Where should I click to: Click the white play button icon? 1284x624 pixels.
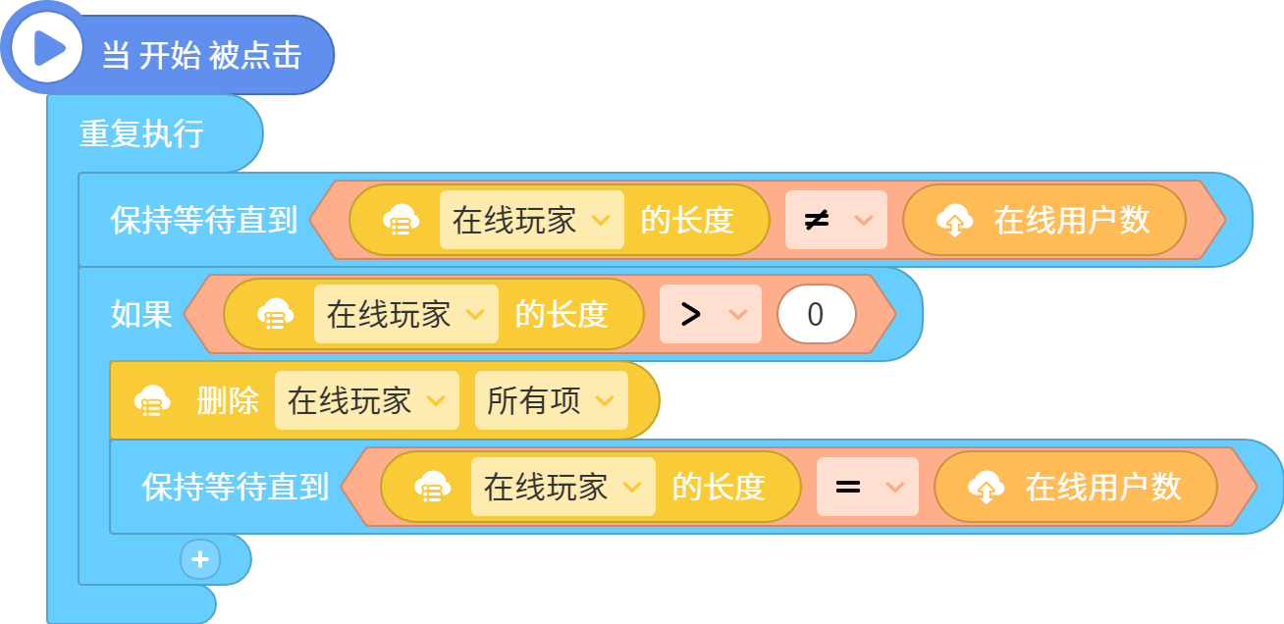pos(47,48)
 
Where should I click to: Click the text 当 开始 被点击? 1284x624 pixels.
pos(202,56)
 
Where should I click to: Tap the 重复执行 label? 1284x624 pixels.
pos(141,133)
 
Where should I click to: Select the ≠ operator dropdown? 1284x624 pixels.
pos(835,220)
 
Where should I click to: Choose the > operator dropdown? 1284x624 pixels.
pos(710,314)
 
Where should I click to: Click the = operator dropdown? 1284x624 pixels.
pos(867,487)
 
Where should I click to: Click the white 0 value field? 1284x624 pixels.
pos(817,314)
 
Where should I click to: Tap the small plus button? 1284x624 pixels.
pos(200,559)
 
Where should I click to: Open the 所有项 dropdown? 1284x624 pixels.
pos(552,400)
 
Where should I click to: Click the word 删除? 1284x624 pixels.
pos(228,400)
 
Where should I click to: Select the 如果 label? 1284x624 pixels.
pos(141,315)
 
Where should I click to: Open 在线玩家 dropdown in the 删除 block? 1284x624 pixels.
pos(367,400)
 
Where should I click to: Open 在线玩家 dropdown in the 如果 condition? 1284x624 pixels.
pos(405,314)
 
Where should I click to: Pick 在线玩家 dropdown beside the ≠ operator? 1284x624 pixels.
pos(532,220)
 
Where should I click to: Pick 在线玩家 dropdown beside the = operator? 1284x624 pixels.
pos(562,487)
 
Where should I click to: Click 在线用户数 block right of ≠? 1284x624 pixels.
pos(1043,220)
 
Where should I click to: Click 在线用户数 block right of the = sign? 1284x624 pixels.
pos(1075,487)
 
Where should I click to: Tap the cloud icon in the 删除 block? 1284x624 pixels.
pos(152,400)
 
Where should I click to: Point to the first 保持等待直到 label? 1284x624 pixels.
pos(204,220)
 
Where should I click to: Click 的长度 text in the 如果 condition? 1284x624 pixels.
pos(562,314)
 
